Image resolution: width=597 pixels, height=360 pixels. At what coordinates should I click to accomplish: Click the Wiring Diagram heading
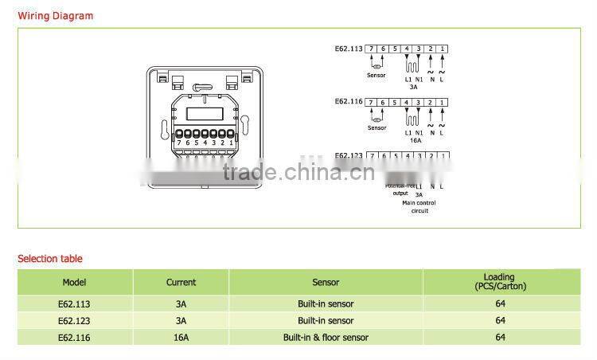56,16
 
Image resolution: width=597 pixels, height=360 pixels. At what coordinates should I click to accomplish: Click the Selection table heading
50,259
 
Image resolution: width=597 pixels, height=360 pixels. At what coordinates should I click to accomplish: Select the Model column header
75,282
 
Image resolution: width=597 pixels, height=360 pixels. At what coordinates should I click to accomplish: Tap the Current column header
181,282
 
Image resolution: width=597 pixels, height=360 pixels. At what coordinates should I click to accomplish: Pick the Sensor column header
326,282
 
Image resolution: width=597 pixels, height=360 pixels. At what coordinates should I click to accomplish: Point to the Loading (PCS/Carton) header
500,282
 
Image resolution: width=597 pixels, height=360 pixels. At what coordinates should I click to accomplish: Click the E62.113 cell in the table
75,303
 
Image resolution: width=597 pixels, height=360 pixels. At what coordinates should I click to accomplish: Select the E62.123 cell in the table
75,320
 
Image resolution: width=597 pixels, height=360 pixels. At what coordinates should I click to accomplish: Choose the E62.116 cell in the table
75,337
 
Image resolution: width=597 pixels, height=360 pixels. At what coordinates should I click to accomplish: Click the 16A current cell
181,337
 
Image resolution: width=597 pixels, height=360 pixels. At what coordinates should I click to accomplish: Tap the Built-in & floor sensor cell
326,337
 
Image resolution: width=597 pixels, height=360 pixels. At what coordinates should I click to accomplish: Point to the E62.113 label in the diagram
349,49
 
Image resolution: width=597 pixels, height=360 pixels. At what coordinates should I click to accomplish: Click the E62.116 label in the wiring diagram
349,102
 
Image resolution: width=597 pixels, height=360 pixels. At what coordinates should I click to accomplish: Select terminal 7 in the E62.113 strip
372,49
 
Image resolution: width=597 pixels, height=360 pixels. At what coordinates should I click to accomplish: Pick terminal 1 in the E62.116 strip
442,102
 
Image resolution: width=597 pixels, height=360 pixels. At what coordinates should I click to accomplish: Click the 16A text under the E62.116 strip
415,139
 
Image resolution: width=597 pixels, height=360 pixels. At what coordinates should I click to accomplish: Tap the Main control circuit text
419,206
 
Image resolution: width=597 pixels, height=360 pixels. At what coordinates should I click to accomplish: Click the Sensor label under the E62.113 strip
376,76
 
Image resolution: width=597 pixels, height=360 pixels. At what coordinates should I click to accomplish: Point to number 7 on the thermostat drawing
179,143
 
